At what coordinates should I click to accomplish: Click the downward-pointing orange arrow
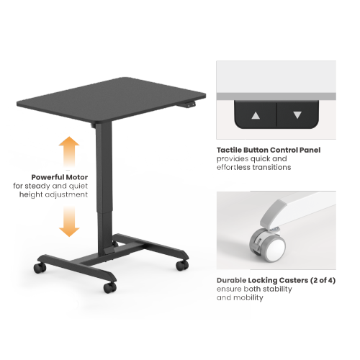[69, 220]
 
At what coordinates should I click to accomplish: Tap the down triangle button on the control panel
[297, 114]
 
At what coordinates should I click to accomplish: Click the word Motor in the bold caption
[76, 177]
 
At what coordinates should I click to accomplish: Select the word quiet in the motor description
[76, 186]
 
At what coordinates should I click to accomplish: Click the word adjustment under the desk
[69, 194]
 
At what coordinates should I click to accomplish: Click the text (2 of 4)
[319, 280]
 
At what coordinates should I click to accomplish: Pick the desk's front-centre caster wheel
[109, 287]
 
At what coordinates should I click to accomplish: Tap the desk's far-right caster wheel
[183, 265]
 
